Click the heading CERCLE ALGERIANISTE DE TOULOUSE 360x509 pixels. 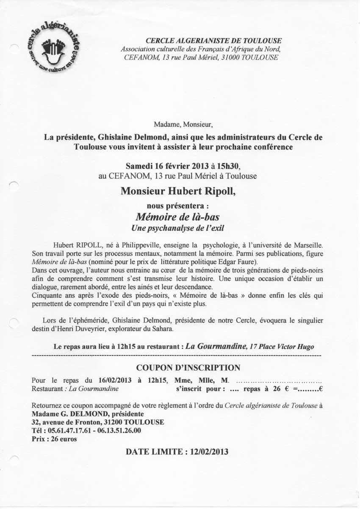coord(213,41)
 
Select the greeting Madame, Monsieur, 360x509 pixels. coord(183,124)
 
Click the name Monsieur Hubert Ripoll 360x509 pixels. coord(178,191)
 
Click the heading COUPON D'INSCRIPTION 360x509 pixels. coord(188,368)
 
